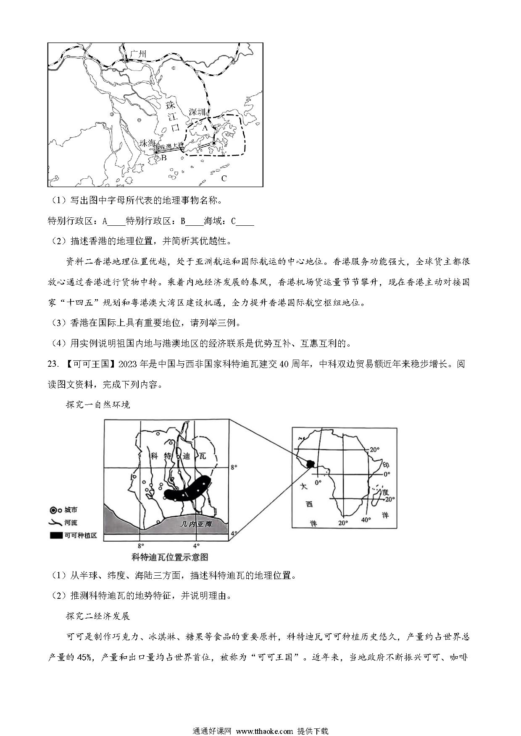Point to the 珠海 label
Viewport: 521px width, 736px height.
[147, 143]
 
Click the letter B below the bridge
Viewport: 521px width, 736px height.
[164, 158]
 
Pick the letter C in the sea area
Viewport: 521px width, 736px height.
[224, 178]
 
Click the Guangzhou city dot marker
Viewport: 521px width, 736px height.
[127, 60]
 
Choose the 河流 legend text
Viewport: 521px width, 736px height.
[71, 523]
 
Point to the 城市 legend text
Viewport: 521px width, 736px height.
[71, 510]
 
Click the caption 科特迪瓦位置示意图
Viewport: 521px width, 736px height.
[170, 557]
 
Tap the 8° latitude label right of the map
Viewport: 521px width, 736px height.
[234, 466]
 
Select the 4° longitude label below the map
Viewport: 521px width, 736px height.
[196, 546]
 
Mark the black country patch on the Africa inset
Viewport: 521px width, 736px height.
[310, 464]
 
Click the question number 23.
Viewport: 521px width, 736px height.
[53, 364]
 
